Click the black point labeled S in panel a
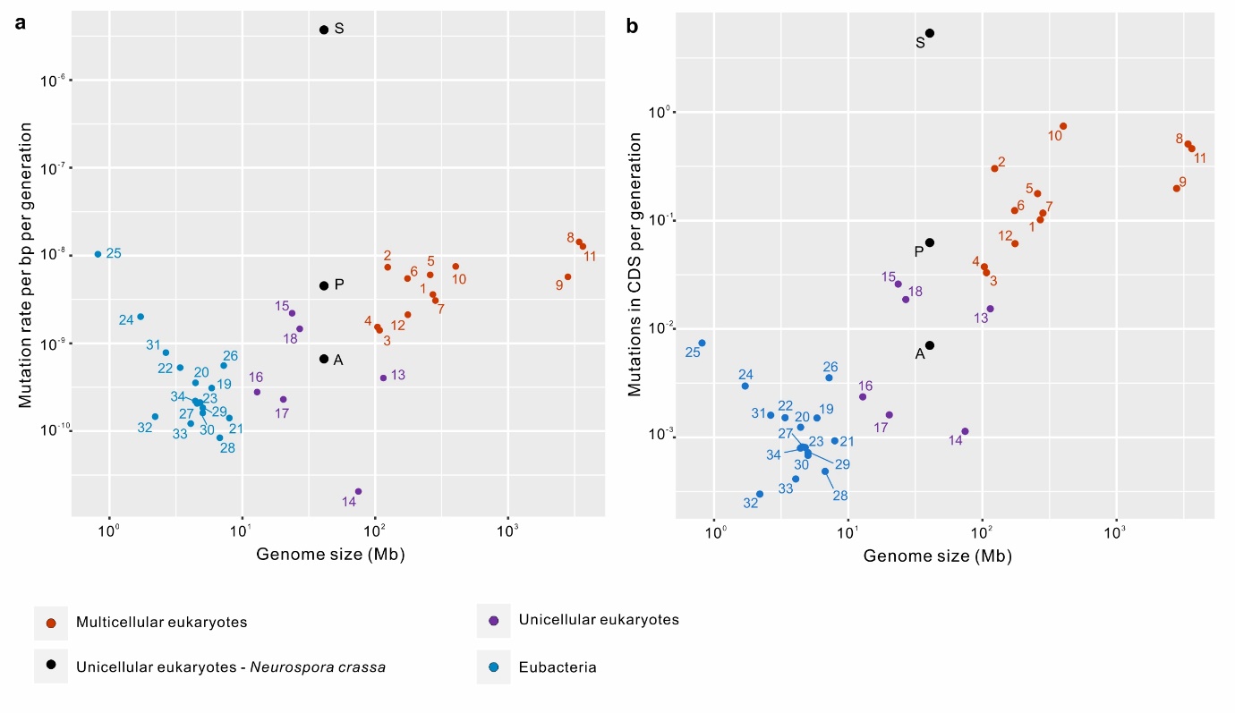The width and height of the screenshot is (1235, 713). pyautogui.click(x=324, y=30)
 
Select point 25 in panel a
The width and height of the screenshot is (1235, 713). pyautogui.click(x=98, y=254)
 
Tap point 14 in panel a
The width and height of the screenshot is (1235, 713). pyautogui.click(x=358, y=491)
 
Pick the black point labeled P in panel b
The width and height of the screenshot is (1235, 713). pyautogui.click(x=930, y=242)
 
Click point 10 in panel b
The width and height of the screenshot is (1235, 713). pyautogui.click(x=1063, y=126)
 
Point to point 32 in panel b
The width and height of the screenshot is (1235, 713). pyautogui.click(x=760, y=494)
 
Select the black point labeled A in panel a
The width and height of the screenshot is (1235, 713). pyautogui.click(x=324, y=359)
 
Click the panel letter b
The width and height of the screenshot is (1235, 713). pyautogui.click(x=632, y=27)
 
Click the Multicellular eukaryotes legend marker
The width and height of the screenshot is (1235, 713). pyautogui.click(x=51, y=622)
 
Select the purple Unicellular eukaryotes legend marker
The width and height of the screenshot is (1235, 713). pyautogui.click(x=493, y=620)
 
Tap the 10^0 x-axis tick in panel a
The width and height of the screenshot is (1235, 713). pyautogui.click(x=109, y=530)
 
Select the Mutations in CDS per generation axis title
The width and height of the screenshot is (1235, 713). pyautogui.click(x=635, y=264)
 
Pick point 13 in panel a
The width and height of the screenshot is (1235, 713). pyautogui.click(x=383, y=378)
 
